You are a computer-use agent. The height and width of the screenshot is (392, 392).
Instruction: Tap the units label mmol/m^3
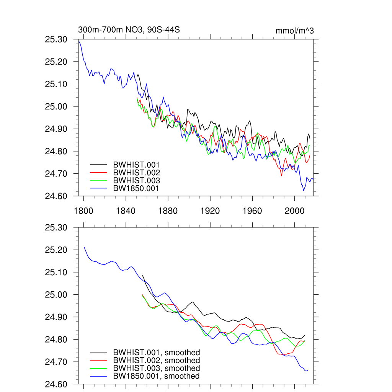294,31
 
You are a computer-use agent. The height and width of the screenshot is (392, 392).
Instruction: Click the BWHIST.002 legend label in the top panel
136,173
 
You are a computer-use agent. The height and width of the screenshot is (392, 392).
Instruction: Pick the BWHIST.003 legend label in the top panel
136,180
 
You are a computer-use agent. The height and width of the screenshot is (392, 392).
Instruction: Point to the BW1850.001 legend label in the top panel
136,188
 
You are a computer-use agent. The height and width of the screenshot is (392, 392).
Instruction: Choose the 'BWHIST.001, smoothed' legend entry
156,353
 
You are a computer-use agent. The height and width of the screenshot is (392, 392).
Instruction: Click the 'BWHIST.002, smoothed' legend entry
156,361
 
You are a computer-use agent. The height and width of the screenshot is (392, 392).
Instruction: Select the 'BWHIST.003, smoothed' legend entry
156,368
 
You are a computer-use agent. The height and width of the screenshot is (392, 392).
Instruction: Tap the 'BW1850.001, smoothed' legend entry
156,376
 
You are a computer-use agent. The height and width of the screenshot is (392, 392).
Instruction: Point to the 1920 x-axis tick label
210,211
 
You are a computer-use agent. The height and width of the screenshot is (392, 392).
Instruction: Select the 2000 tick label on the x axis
294,211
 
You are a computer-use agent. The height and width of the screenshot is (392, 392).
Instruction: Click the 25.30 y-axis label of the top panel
56,39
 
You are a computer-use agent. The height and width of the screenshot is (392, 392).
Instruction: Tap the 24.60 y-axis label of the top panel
56,196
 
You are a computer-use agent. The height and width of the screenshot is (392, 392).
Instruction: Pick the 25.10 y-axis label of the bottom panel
56,273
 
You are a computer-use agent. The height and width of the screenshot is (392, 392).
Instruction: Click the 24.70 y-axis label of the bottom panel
56,362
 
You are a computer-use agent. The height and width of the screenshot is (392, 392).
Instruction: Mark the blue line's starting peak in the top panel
79,41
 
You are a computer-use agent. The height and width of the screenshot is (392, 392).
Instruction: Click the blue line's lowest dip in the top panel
304,191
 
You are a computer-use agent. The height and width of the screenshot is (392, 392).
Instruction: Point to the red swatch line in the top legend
98,173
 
